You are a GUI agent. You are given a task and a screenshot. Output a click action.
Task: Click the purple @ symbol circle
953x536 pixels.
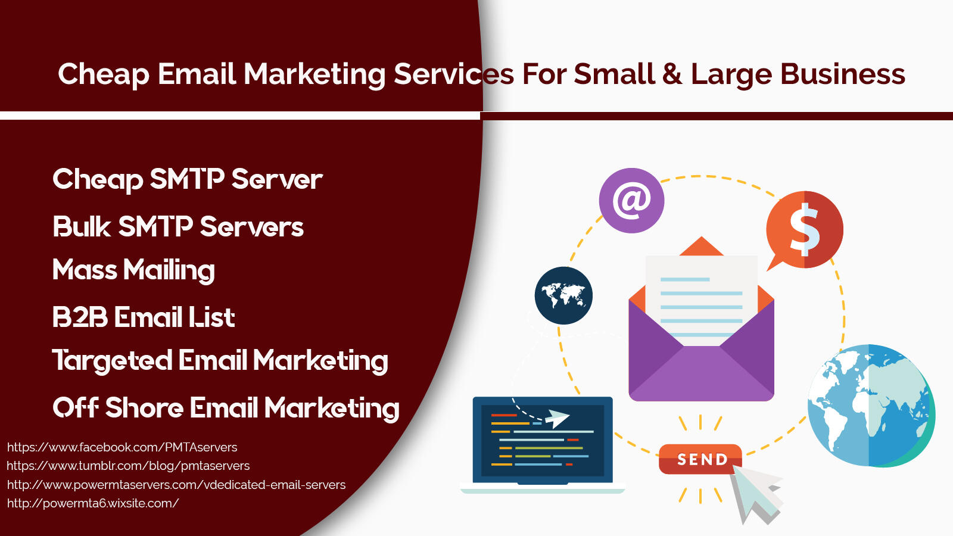pyautogui.click(x=631, y=200)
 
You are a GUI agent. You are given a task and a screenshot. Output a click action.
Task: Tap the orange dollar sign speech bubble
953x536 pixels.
pyautogui.click(x=804, y=230)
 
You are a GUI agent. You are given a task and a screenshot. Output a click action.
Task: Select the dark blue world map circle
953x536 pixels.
pyautogui.click(x=563, y=295)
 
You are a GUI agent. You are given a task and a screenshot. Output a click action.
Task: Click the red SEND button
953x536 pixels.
pyautogui.click(x=700, y=459)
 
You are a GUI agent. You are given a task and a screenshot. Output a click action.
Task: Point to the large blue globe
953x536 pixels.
pyautogui.click(x=871, y=406)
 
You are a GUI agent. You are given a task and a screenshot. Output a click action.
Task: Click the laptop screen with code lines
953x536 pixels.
pyautogui.click(x=543, y=440)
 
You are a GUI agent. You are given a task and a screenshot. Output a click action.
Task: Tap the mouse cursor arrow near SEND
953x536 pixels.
pyautogui.click(x=757, y=494)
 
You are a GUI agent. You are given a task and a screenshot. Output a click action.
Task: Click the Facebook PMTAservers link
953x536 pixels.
pyautogui.click(x=122, y=447)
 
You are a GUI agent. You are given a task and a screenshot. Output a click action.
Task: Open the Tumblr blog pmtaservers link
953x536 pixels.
pyautogui.click(x=128, y=466)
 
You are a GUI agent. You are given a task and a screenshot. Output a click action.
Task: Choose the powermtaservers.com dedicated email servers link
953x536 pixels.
pyautogui.click(x=176, y=485)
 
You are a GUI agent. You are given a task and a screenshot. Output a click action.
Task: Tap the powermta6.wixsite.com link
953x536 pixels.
pyautogui.click(x=93, y=503)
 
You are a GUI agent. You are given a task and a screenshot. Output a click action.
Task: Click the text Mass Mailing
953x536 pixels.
pyautogui.click(x=133, y=270)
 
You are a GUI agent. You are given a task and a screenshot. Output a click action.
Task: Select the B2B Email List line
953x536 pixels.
pyautogui.click(x=144, y=317)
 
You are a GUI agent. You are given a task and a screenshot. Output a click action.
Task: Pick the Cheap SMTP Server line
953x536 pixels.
pyautogui.click(x=188, y=179)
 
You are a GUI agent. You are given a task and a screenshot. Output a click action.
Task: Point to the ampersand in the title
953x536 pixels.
pyautogui.click(x=672, y=74)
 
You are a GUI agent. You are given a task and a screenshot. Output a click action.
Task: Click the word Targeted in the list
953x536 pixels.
pyautogui.click(x=112, y=361)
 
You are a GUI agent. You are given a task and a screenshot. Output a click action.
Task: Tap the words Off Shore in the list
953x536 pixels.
pyautogui.click(x=119, y=407)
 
